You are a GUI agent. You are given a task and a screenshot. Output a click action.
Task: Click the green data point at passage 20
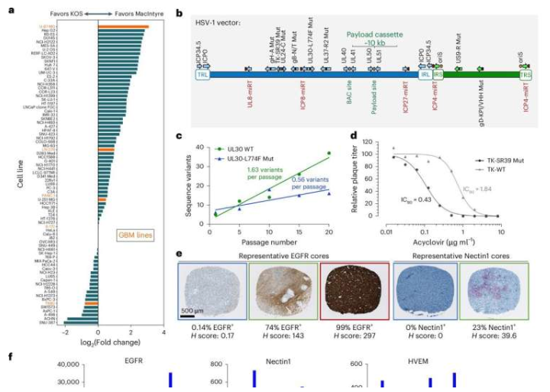pos(329,154)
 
